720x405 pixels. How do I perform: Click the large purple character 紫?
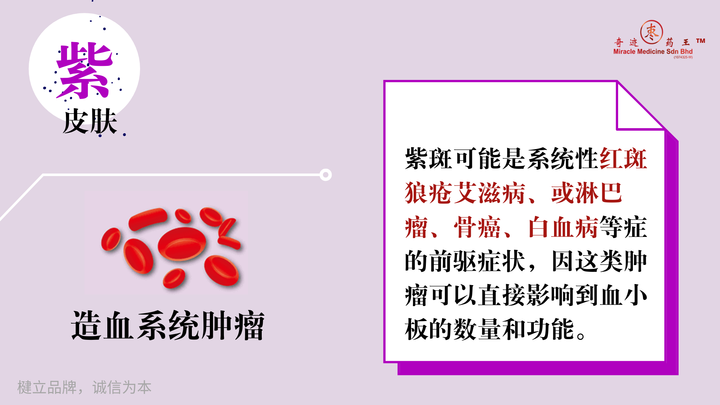pyautogui.click(x=85, y=70)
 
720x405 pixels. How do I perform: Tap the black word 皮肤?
pyautogui.click(x=90, y=121)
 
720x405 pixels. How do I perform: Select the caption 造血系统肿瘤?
pyautogui.click(x=168, y=325)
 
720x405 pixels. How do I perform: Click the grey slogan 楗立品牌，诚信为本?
pyautogui.click(x=84, y=387)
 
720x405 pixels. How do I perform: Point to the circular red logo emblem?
pyautogui.click(x=652, y=32)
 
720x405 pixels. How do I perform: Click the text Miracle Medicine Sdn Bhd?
pyautogui.click(x=653, y=51)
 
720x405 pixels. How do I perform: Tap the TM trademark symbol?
pyautogui.click(x=701, y=41)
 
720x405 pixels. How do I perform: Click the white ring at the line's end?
pyautogui.click(x=325, y=175)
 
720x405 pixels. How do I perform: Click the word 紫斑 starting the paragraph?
pyautogui.click(x=429, y=159)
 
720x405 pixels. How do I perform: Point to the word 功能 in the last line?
pyautogui.click(x=550, y=329)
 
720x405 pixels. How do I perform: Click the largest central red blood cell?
pyautogui.click(x=182, y=243)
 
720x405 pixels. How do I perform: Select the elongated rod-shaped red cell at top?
pyautogui.click(x=148, y=219)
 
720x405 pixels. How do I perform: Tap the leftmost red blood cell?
pyautogui.click(x=111, y=239)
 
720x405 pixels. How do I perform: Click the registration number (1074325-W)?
pyautogui.click(x=683, y=57)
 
